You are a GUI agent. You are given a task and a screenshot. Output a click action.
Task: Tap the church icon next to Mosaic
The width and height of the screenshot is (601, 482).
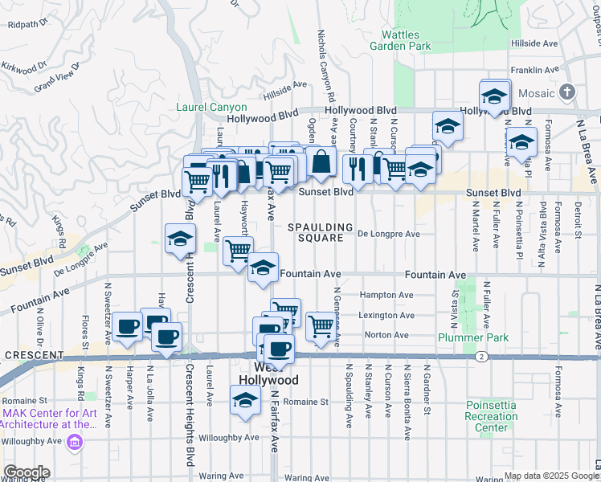click(568, 93)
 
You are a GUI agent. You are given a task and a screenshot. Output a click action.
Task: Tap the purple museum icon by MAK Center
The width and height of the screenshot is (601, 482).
click(75, 441)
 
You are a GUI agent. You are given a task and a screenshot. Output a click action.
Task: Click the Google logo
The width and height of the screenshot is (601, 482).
click(27, 472)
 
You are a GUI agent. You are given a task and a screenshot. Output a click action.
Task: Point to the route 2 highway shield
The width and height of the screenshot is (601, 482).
click(480, 356)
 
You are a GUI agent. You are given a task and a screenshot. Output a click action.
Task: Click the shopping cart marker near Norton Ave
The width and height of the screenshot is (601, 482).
click(321, 325)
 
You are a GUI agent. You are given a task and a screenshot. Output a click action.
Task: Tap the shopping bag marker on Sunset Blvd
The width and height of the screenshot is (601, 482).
click(321, 161)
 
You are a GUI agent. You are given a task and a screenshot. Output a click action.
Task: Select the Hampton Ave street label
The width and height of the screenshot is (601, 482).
click(386, 295)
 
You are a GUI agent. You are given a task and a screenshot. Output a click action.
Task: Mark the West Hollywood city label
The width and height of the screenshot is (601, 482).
click(268, 379)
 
